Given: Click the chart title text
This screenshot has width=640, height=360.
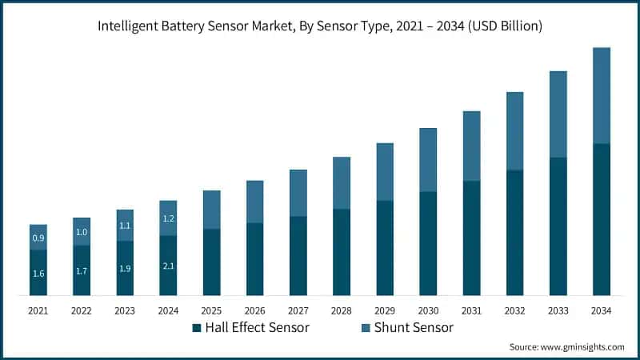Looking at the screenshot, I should tap(320, 26).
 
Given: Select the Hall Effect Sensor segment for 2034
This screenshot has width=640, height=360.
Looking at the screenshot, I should tap(602, 219).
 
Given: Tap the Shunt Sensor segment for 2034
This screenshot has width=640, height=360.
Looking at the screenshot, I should tap(602, 96).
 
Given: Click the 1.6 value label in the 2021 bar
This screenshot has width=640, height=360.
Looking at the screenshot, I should tap(38, 274).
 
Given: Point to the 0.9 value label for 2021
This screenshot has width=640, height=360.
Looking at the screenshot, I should tap(38, 238).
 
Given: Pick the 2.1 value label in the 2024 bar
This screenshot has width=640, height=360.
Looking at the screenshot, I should tap(168, 266).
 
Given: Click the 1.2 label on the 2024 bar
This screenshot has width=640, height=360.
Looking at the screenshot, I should tap(168, 218).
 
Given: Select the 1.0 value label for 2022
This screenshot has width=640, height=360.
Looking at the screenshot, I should tap(82, 232).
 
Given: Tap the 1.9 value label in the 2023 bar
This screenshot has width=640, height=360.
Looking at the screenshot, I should tap(125, 269).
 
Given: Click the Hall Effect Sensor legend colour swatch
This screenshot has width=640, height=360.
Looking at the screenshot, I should tap(196, 328).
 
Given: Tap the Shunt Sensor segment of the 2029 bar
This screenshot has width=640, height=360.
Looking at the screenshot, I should tap(385, 172).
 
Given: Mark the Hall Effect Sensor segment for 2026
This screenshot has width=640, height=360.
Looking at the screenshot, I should tap(254, 259).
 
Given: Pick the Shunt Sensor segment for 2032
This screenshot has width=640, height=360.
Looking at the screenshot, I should tap(514, 131).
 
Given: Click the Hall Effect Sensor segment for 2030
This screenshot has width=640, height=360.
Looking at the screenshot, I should tap(428, 244).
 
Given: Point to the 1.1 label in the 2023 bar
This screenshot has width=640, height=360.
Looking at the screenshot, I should tap(125, 226).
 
